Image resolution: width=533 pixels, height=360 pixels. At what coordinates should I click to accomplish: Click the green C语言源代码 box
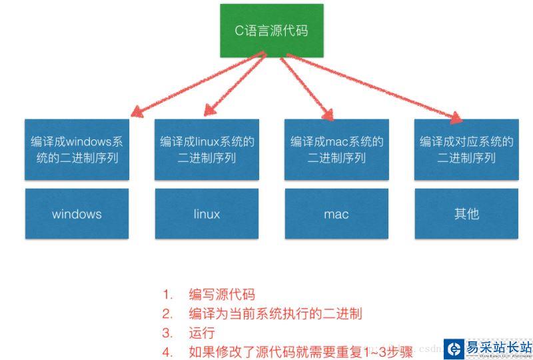point(272,31)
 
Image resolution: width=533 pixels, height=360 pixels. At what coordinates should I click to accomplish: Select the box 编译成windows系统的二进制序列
point(77,149)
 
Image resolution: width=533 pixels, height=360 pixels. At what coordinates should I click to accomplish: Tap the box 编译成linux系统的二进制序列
point(207,149)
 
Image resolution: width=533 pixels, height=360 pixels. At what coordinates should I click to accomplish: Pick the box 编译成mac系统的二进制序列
point(336,149)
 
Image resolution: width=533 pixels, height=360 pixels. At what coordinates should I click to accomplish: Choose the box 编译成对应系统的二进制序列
point(466,149)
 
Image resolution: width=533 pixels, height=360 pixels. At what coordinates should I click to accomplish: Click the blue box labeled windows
point(77,214)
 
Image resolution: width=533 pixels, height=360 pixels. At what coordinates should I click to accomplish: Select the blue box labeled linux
point(207,214)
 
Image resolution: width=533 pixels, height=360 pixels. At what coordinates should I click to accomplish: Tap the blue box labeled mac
point(336,214)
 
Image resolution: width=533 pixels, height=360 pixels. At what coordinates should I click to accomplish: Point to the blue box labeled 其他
point(466,214)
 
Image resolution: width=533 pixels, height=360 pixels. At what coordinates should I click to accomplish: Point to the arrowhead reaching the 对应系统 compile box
point(455,117)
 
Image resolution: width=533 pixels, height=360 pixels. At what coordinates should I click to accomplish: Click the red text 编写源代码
point(221,295)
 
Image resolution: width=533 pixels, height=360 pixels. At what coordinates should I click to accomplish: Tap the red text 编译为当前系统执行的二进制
point(274,313)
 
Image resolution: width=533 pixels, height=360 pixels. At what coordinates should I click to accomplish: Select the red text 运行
point(201,333)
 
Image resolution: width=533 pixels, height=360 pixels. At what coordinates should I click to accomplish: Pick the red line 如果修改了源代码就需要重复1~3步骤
point(300,351)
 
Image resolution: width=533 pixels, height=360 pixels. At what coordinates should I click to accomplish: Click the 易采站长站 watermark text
point(498,347)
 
